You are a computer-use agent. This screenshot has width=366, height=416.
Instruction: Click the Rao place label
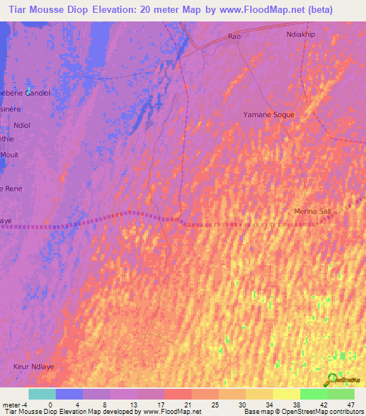click(x=234, y=36)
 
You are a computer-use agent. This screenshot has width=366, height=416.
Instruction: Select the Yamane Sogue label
click(x=269, y=114)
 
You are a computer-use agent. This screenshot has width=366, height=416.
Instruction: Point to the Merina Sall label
click(x=313, y=212)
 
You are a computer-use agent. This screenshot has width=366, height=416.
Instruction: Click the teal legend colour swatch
click(x=42, y=394)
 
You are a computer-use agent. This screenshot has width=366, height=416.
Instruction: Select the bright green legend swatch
click(x=314, y=394)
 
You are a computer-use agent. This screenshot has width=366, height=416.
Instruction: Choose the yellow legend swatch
click(x=287, y=394)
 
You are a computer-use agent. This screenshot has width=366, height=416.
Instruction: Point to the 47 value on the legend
click(x=350, y=405)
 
